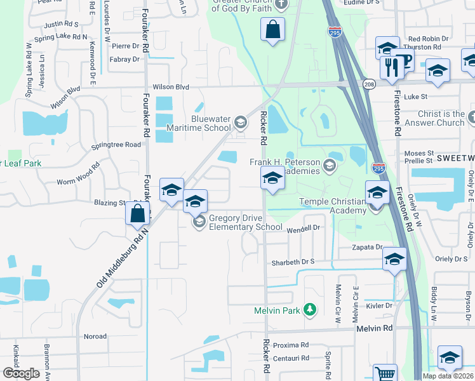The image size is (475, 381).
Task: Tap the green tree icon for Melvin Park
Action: click(x=309, y=310)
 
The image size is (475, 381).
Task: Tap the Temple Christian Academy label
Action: click(x=333, y=206)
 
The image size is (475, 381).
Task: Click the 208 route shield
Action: click(x=368, y=84)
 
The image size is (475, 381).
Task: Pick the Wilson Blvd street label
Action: click(x=171, y=87)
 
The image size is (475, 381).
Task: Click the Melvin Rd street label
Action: click(x=375, y=328)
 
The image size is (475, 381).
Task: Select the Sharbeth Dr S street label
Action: click(x=293, y=261)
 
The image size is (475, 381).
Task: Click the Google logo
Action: click(x=21, y=373)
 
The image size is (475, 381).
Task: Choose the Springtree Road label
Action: click(x=116, y=145)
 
